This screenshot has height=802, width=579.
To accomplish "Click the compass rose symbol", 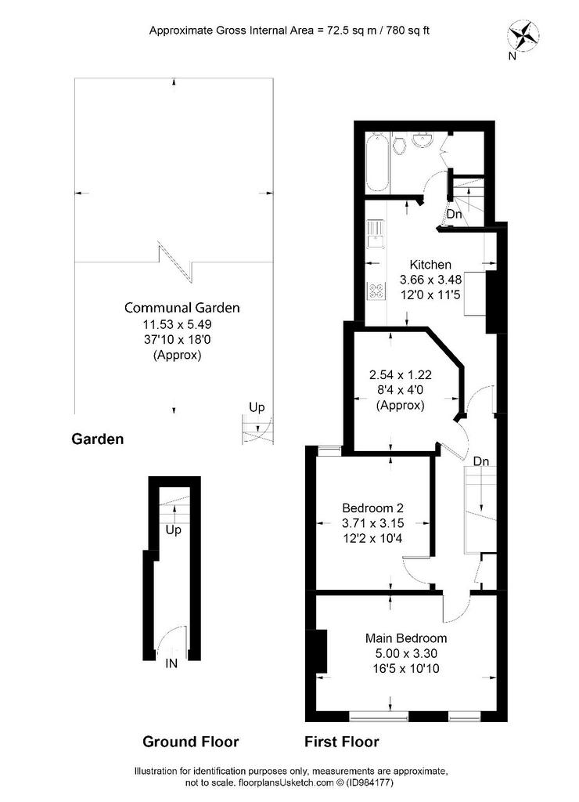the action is pyautogui.click(x=523, y=35).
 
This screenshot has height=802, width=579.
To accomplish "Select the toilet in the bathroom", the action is pyautogui.click(x=400, y=144).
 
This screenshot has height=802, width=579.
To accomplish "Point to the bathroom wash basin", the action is pyautogui.click(x=423, y=139).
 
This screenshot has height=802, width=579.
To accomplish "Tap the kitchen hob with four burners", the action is pyautogui.click(x=376, y=291).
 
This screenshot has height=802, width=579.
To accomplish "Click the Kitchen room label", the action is pyautogui.click(x=430, y=265).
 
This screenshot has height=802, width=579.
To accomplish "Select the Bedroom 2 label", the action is pyautogui.click(x=372, y=508).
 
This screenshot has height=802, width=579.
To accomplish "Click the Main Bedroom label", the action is pyautogui.click(x=406, y=638).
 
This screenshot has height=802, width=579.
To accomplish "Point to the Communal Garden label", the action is pyautogui.click(x=182, y=307).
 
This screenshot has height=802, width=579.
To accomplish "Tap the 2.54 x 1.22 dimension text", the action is pyautogui.click(x=400, y=374).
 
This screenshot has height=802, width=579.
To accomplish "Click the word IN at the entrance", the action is pyautogui.click(x=171, y=663).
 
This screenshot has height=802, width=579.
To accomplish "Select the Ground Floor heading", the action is pyautogui.click(x=191, y=742).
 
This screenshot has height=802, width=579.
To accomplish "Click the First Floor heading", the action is pyautogui.click(x=342, y=742).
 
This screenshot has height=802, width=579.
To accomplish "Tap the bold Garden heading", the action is pyautogui.click(x=98, y=439).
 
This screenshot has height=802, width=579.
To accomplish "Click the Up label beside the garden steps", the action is pyautogui.click(x=257, y=407).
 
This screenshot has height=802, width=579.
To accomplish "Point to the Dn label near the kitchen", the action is pyautogui.click(x=455, y=214).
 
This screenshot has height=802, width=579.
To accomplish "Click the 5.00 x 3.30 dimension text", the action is pyautogui.click(x=406, y=653).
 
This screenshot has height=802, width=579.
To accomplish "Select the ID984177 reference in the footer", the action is pyautogui.click(x=370, y=782).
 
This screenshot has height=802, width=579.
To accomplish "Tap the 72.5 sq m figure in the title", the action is pyautogui.click(x=343, y=31).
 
